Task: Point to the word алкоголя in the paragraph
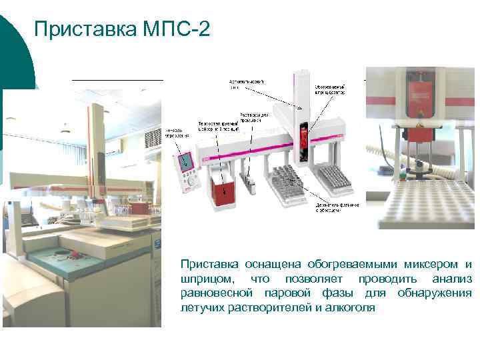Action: pyautogui.click(x=352, y=307)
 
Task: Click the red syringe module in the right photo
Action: pyautogui.click(x=417, y=99)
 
